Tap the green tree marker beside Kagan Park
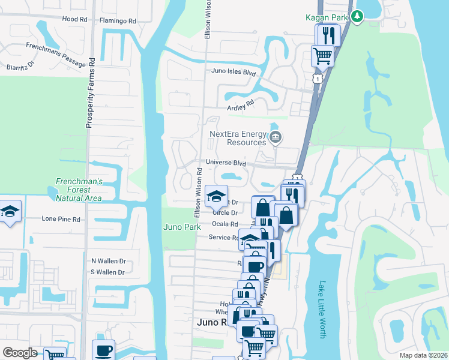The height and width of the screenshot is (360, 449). [358, 16]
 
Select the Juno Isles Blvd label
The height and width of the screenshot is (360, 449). [234, 73]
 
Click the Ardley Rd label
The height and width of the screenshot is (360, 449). [240, 103]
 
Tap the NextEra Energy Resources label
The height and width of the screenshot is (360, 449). [238, 139]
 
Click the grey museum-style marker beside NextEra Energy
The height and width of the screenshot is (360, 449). [275, 138]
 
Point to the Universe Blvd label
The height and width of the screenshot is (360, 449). [226, 163]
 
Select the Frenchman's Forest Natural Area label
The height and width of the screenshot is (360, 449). [79, 190]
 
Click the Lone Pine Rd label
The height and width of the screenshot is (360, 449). [61, 220]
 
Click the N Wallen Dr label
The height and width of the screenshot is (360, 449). [108, 261]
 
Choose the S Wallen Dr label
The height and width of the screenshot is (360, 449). [108, 272]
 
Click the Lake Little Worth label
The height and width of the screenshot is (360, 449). [322, 309]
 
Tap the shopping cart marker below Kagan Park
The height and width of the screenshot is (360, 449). [323, 56]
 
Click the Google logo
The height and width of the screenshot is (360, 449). [20, 353]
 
